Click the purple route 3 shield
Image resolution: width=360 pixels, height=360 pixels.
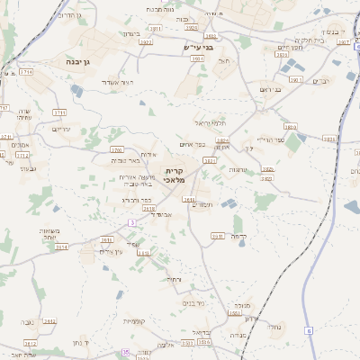pyautogui.click(x=131, y=221)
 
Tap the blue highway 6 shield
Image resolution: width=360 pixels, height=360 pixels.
pyautogui.click(x=309, y=331)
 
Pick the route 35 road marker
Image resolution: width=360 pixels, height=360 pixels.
pyautogui.click(x=126, y=353)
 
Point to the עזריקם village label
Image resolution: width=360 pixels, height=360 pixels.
pyautogui.click(x=61, y=129)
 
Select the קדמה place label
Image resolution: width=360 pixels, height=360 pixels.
pyautogui.click(x=238, y=236)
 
